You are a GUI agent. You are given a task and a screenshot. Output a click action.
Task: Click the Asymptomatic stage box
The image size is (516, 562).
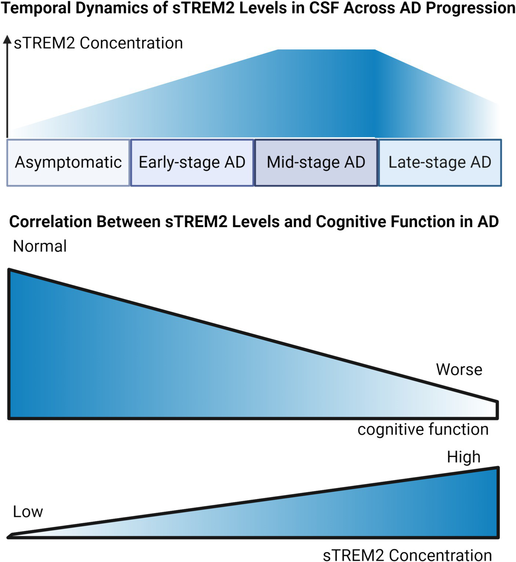(68, 162)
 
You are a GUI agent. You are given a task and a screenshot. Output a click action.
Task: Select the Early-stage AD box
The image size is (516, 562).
(192, 162)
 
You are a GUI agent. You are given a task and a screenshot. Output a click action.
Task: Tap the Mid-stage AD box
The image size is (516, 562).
(316, 162)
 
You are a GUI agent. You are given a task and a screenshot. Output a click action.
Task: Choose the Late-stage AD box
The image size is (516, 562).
(440, 162)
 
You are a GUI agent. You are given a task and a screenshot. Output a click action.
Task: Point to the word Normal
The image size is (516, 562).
(40, 246)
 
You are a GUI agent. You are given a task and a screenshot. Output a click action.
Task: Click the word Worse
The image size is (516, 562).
(459, 370)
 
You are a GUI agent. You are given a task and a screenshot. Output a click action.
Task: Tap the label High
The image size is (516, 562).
(464, 457)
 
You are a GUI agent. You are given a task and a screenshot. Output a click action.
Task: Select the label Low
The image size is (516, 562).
(28, 512)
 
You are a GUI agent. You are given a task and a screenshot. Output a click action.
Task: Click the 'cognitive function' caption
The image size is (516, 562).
(423, 429)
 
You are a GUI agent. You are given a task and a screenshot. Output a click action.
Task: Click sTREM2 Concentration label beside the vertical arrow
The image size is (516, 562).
(98, 43)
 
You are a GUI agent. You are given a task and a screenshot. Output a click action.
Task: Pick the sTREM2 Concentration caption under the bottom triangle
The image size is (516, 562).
(407, 555)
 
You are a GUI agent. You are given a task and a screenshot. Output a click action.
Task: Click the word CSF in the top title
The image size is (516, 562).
(324, 8)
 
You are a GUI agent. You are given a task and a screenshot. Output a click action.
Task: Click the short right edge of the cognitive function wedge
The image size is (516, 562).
(497, 409)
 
